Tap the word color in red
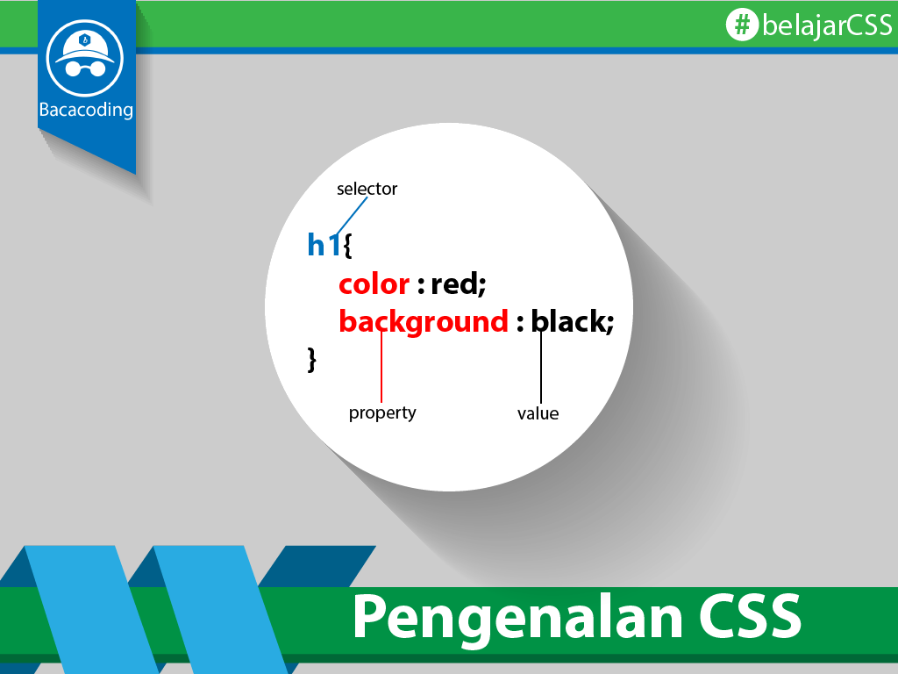(374, 284)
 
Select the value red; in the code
(458, 283)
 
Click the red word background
(424, 321)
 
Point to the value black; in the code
(572, 321)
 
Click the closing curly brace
(311, 360)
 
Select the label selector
(367, 189)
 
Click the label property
(382, 412)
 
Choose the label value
(538, 413)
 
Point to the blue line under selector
(352, 216)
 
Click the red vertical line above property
(381, 366)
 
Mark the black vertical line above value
(540, 367)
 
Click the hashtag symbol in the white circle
(742, 25)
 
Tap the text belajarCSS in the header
(827, 25)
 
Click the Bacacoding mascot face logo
(85, 58)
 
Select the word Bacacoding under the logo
(86, 110)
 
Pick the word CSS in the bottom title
(750, 616)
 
